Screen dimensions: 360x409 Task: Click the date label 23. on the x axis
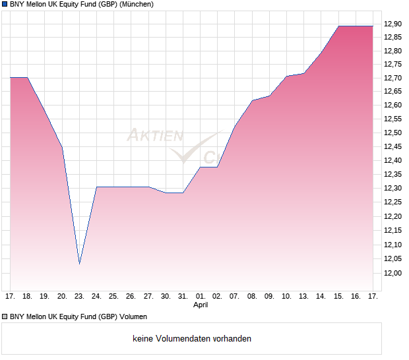click(x=79, y=296)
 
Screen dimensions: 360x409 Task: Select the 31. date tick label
click(x=183, y=296)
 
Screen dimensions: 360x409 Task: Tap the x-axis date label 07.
click(x=235, y=296)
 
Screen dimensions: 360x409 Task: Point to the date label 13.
click(x=304, y=296)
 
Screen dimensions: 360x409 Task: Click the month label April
click(x=201, y=305)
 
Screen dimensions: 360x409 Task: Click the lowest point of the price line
click(x=79, y=264)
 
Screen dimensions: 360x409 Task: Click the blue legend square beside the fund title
click(x=5, y=5)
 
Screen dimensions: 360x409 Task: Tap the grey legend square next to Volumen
click(x=5, y=316)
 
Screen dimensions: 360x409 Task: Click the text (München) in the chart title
click(x=137, y=5)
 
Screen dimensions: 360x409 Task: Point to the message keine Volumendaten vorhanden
click(x=192, y=339)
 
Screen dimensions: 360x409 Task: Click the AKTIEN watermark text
click(x=154, y=136)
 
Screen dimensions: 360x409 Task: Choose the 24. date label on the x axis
click(x=96, y=296)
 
